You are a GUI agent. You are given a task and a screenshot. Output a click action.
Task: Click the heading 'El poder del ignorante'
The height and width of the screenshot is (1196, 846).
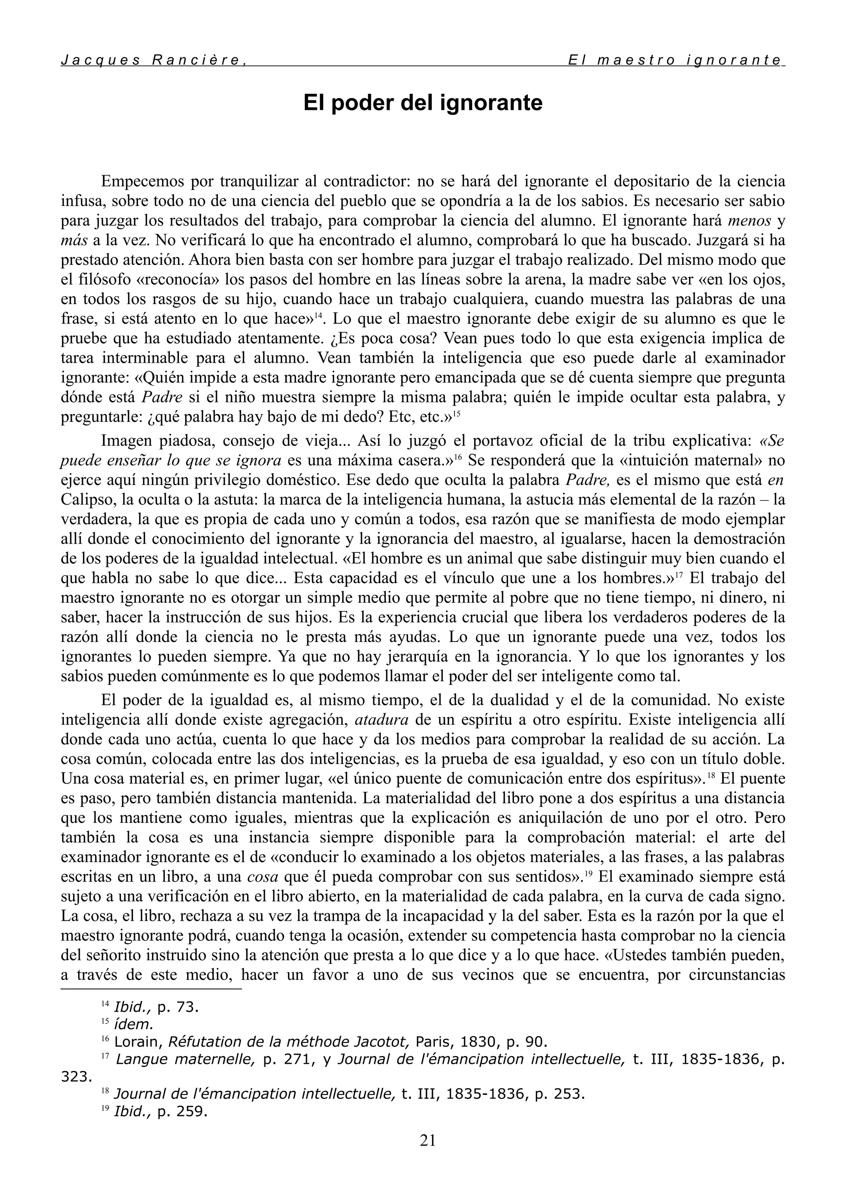click(x=423, y=102)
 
